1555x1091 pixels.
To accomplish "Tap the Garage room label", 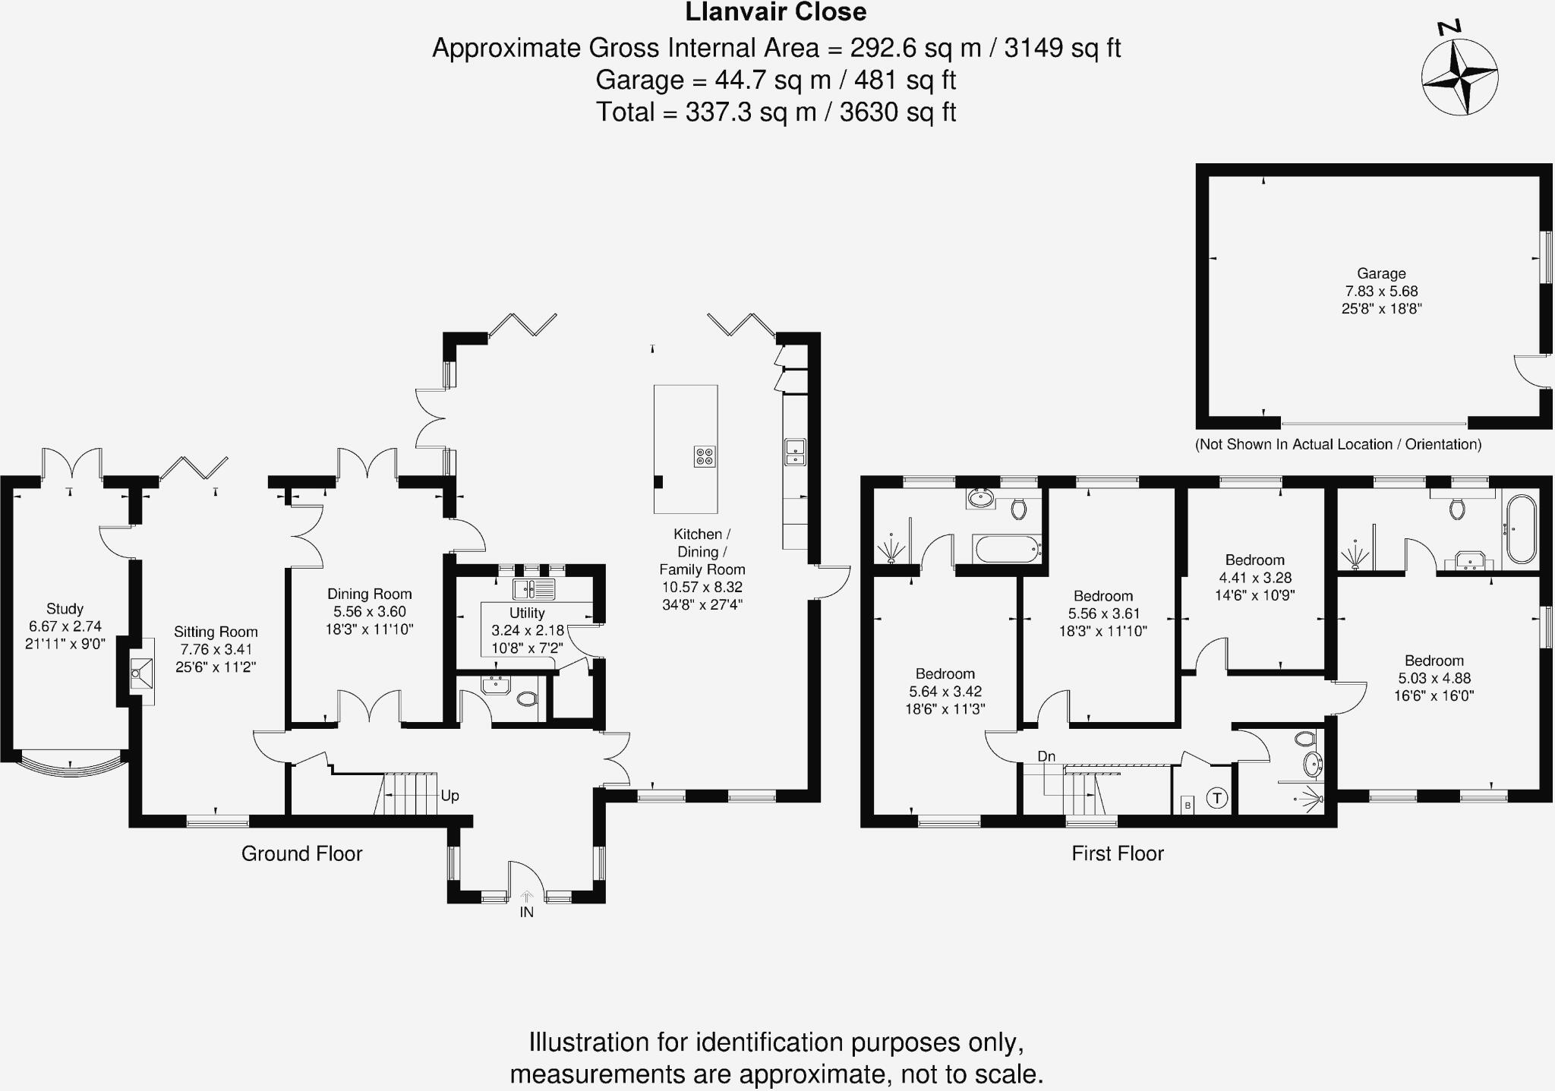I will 1381,273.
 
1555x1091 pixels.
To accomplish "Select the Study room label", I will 65,609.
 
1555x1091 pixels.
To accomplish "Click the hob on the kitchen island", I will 705,456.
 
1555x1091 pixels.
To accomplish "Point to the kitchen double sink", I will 795,451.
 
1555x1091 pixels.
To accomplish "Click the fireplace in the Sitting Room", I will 140,672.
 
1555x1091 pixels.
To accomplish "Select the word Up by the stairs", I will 449,796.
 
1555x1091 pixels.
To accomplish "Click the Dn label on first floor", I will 1046,756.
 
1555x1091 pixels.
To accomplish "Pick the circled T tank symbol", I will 1217,798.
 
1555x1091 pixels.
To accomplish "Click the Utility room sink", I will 534,588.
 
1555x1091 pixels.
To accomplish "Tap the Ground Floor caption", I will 301,853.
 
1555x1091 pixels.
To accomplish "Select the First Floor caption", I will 1117,853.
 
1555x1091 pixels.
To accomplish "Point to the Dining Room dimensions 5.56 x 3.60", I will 370,612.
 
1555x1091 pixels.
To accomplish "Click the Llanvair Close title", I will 775,13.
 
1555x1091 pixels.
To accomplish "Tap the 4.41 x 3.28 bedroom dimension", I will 1254,578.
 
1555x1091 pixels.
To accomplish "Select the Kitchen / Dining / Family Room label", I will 702,552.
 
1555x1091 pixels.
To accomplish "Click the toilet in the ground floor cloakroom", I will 526,698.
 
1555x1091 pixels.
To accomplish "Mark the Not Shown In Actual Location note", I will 1338,445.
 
